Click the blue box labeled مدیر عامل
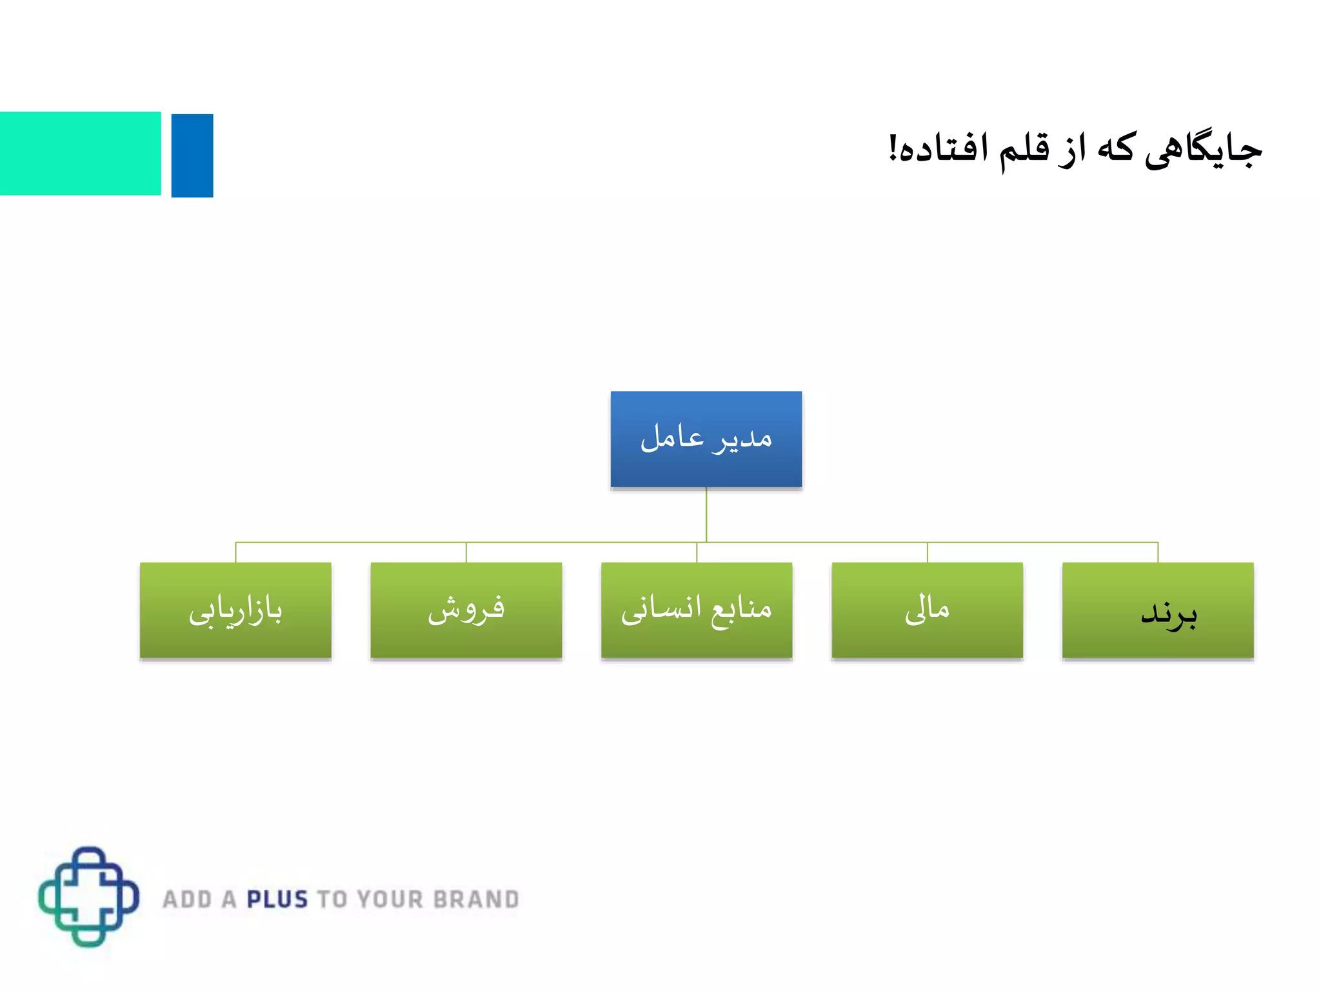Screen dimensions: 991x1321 point(706,439)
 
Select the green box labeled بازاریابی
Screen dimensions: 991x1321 point(235,610)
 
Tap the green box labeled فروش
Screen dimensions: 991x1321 point(466,610)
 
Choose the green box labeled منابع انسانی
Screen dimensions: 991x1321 point(697,610)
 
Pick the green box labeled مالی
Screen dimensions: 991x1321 point(927,610)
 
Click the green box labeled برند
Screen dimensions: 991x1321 point(1158,610)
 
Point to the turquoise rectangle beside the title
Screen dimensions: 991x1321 point(80,154)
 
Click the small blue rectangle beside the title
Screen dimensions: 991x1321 point(192,155)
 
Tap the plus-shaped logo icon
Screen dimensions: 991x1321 point(89,897)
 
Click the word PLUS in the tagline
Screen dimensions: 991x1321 point(277,899)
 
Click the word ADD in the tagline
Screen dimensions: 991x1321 point(187,899)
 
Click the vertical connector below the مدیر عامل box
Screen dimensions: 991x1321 point(706,515)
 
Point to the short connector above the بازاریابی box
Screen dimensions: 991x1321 point(235,552)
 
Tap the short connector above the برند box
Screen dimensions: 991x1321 point(1158,552)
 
